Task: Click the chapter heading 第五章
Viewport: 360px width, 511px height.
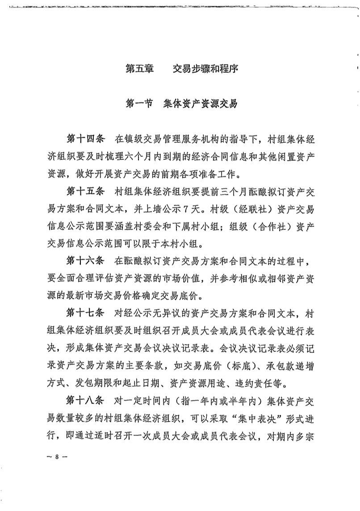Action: tap(139, 69)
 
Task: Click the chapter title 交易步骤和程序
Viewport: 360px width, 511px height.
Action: tap(205, 69)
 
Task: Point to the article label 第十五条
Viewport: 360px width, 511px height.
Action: tap(85, 192)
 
